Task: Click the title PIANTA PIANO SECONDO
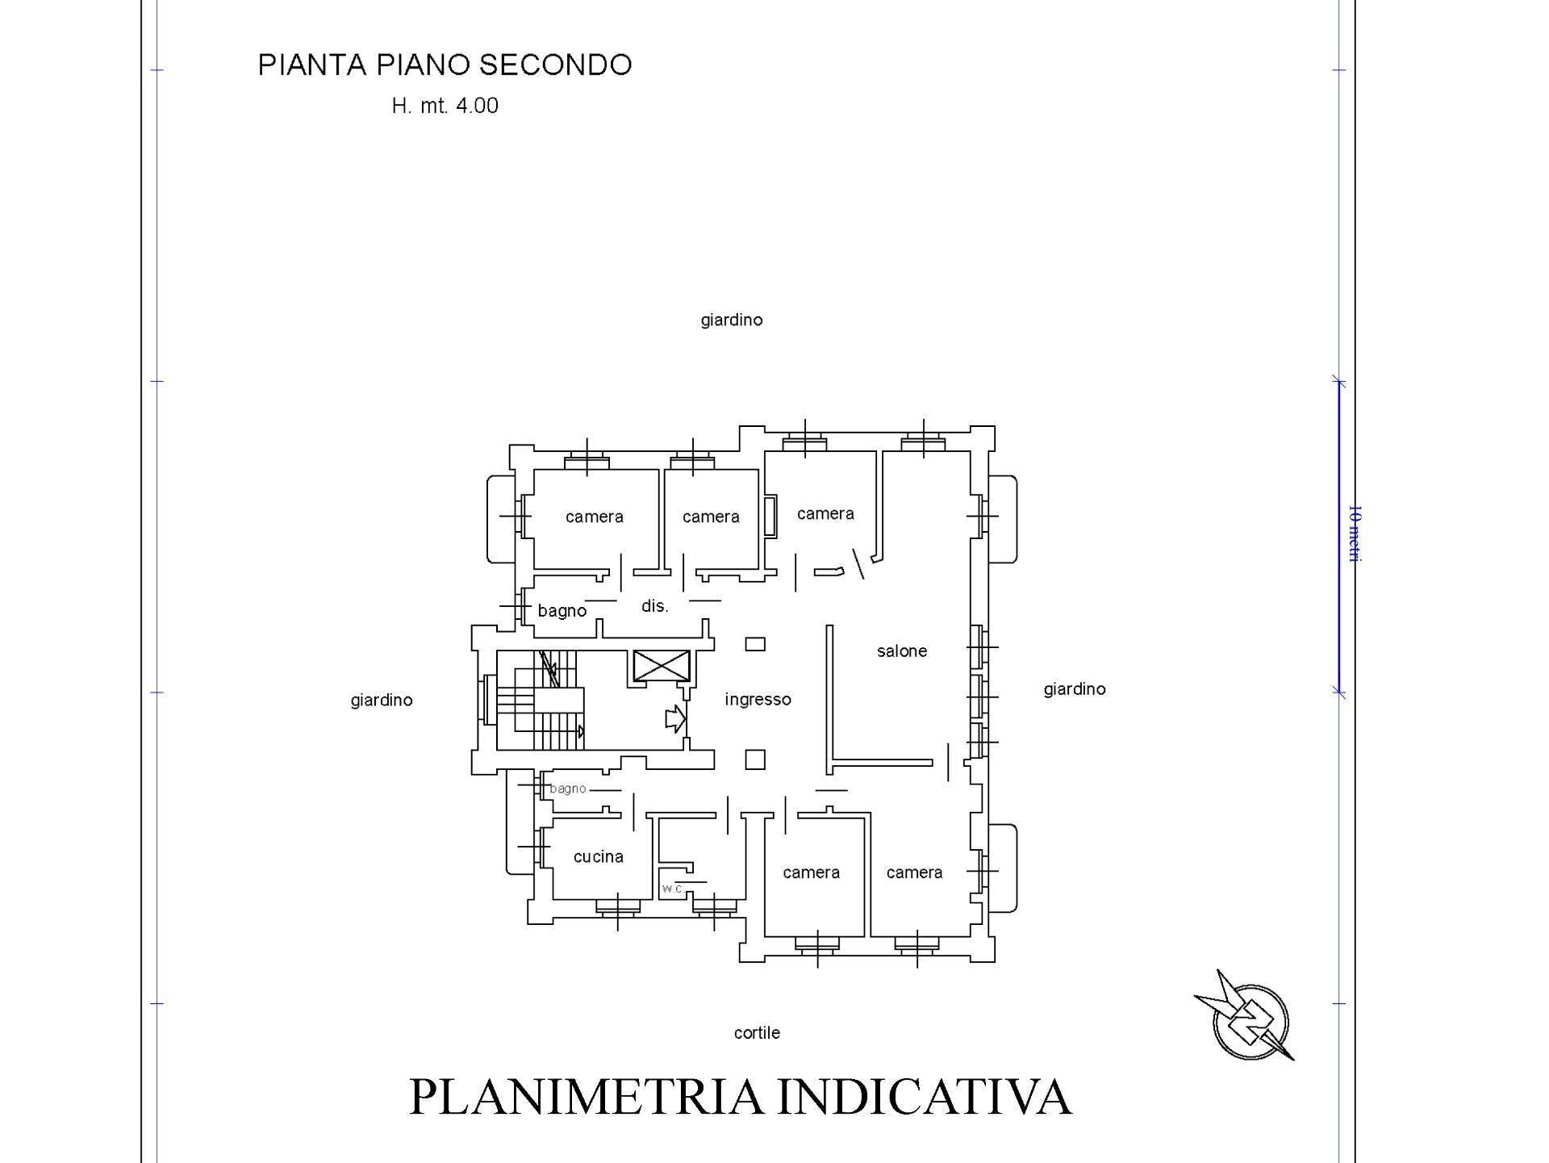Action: click(445, 65)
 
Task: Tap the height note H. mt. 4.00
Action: click(445, 106)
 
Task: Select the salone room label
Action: click(901, 651)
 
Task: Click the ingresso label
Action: click(758, 700)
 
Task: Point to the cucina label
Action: click(598, 856)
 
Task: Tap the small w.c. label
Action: click(672, 888)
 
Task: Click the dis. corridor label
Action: click(654, 606)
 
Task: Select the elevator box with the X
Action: click(662, 667)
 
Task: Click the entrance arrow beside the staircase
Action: click(674, 718)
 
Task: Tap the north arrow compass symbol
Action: click(1249, 1019)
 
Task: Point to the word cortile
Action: click(757, 1033)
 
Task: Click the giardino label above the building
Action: click(731, 320)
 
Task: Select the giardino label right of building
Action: click(1074, 689)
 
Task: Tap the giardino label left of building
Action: click(381, 701)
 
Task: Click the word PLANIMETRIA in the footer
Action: click(588, 1097)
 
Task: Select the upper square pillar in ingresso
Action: click(755, 644)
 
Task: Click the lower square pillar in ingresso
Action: click(755, 759)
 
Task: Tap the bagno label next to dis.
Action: click(562, 611)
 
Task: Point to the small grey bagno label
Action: click(567, 789)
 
